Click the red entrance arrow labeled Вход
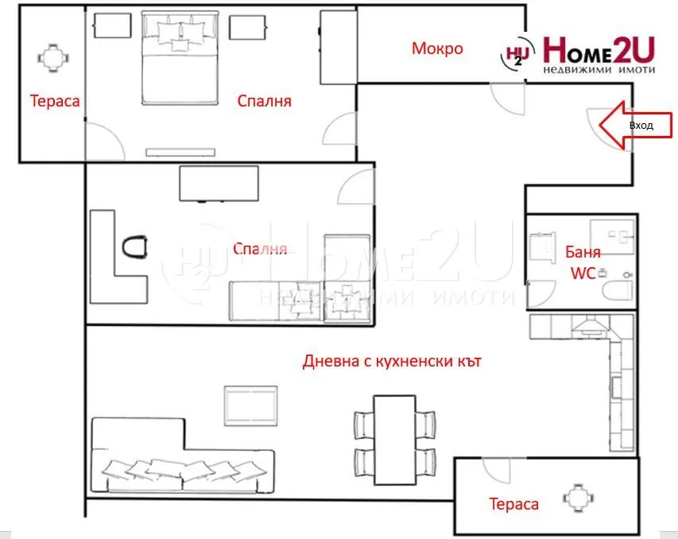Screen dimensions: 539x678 click(x=624, y=126)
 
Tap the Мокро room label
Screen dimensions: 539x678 click(x=437, y=48)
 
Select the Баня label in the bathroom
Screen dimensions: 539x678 click(x=583, y=253)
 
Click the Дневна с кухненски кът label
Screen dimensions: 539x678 click(x=392, y=362)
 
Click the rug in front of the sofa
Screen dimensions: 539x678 click(x=251, y=405)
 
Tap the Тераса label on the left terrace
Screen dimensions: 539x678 click(x=55, y=101)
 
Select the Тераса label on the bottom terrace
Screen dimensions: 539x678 click(x=513, y=504)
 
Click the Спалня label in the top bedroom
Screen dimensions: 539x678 click(x=265, y=101)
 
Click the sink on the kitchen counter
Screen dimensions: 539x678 click(x=617, y=388)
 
